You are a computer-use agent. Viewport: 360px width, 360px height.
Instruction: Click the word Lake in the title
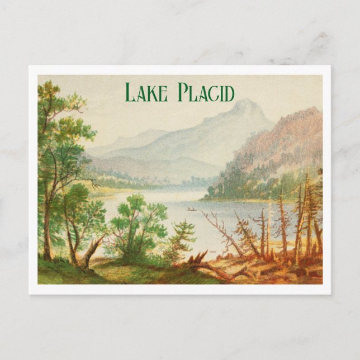pyautogui.click(x=145, y=93)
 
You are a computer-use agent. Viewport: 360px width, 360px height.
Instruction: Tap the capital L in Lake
pyautogui.click(x=130, y=93)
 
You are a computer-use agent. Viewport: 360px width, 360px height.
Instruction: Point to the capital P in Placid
pyautogui.click(x=183, y=93)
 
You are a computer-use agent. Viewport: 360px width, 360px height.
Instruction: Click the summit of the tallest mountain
pyautogui.click(x=244, y=102)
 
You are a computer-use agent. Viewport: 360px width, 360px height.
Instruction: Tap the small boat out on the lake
pyautogui.click(x=191, y=210)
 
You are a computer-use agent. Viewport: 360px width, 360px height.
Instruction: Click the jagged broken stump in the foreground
pyautogui.click(x=197, y=258)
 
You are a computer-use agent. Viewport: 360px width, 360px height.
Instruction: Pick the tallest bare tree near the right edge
pyautogui.click(x=306, y=218)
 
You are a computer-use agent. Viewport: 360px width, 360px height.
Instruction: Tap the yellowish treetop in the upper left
pyautogui.click(x=50, y=89)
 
